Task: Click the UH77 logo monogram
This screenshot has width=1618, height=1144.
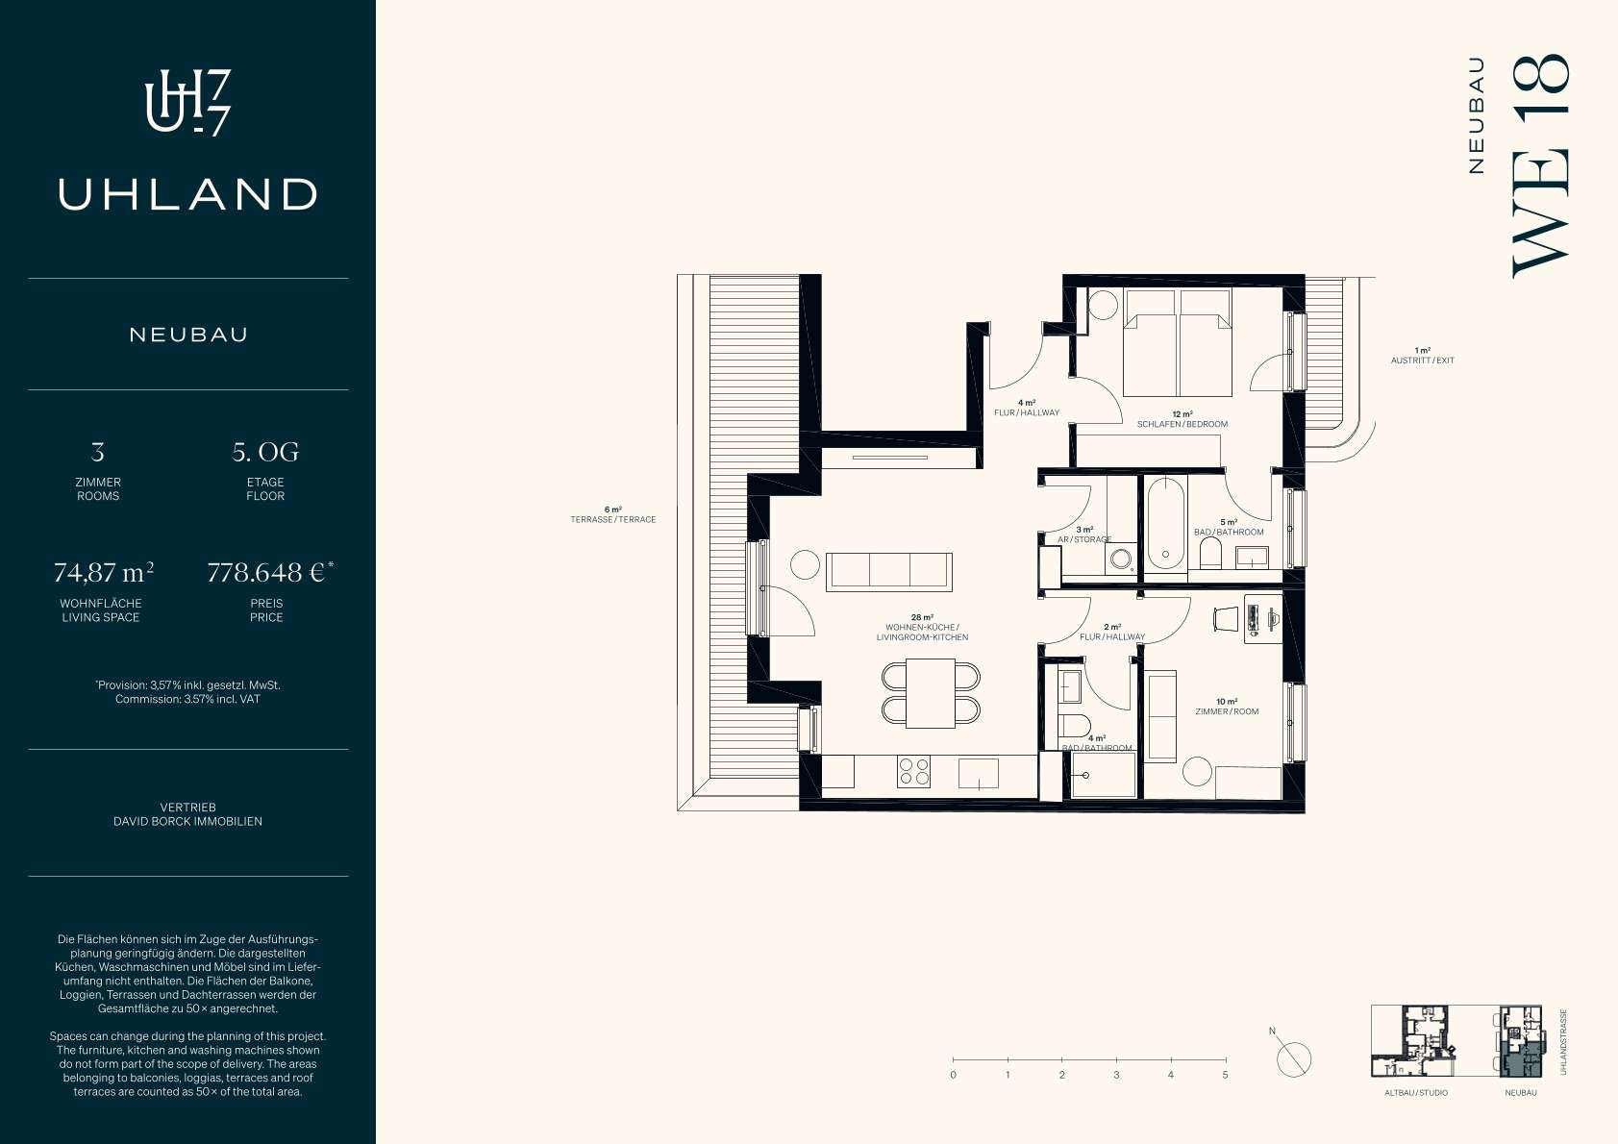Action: pyautogui.click(x=187, y=103)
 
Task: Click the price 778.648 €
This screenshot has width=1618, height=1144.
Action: pyautogui.click(x=265, y=573)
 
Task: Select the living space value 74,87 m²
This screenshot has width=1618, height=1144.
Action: pyautogui.click(x=103, y=573)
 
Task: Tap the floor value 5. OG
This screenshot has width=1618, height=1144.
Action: pyautogui.click(x=265, y=452)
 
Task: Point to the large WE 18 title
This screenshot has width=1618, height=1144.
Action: pyautogui.click(x=1541, y=166)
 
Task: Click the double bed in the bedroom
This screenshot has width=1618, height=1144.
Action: pyautogui.click(x=1178, y=343)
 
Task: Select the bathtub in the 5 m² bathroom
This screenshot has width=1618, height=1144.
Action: pyautogui.click(x=1165, y=524)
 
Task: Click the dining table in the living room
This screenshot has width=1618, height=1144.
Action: pyautogui.click(x=931, y=693)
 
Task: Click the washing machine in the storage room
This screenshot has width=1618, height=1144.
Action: pyautogui.click(x=1120, y=559)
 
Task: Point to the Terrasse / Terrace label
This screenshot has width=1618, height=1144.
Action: pyautogui.click(x=613, y=519)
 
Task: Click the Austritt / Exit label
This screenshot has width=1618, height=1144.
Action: pyautogui.click(x=1422, y=361)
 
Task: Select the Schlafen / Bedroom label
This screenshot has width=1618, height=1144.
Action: pyautogui.click(x=1182, y=424)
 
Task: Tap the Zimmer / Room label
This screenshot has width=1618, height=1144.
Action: pyautogui.click(x=1227, y=711)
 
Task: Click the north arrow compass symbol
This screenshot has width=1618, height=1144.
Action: pyautogui.click(x=1293, y=1058)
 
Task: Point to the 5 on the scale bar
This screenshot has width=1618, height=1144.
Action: pyautogui.click(x=1225, y=1075)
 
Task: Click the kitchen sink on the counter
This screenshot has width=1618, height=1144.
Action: pyautogui.click(x=978, y=774)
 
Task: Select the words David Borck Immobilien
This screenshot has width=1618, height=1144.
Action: pyautogui.click(x=187, y=821)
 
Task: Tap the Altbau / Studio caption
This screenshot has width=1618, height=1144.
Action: pyautogui.click(x=1416, y=1093)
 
